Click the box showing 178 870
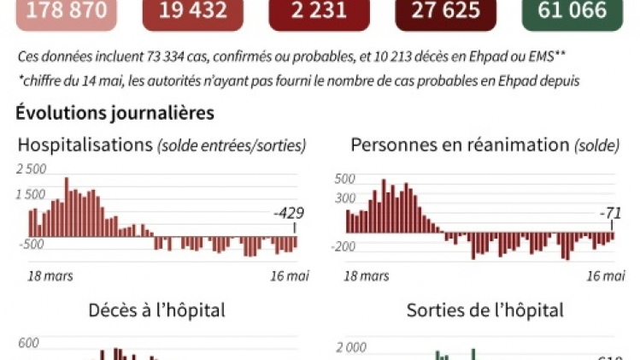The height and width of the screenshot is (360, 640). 68,11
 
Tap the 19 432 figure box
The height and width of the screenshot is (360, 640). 194,11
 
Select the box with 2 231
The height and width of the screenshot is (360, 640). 320,11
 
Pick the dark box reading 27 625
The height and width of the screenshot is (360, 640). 447,11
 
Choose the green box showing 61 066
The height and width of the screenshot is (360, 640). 574,11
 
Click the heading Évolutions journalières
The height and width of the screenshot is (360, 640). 114,112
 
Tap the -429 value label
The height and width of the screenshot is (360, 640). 289,213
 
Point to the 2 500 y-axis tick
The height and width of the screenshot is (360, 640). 31,169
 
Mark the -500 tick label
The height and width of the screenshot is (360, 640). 32,245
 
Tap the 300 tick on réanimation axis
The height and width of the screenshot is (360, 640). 344,198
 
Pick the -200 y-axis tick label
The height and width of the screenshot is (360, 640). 344,247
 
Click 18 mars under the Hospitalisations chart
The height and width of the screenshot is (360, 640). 50,275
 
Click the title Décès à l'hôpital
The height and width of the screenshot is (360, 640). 157,310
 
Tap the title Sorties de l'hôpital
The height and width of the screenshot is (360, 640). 484,310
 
